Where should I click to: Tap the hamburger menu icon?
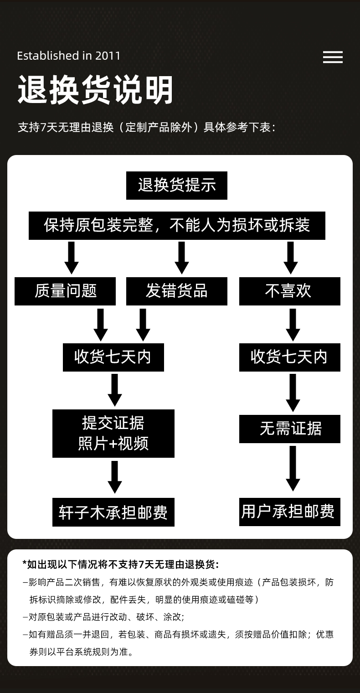pyautogui.click(x=333, y=57)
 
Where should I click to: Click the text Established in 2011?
pyautogui.click(x=69, y=56)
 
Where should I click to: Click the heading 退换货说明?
pyautogui.click(x=96, y=90)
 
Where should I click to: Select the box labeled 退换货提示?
pyautogui.click(x=177, y=186)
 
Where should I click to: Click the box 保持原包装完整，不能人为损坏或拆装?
pyautogui.click(x=177, y=225)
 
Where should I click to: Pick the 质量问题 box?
pyautogui.click(x=65, y=291)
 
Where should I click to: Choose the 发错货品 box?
pyautogui.click(x=177, y=291)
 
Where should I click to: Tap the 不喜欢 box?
pyautogui.click(x=289, y=291)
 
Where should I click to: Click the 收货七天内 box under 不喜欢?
pyautogui.click(x=289, y=357)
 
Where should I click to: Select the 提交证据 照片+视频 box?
pyautogui.click(x=113, y=433)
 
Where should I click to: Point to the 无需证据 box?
pyautogui.click(x=289, y=429)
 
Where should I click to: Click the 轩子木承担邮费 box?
pyautogui.click(x=113, y=512)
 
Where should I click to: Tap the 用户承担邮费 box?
pyautogui.click(x=289, y=512)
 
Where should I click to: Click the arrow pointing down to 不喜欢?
pyautogui.click(x=291, y=258)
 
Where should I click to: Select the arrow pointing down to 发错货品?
pyautogui.click(x=182, y=258)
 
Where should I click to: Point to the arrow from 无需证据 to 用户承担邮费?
pyautogui.click(x=293, y=469)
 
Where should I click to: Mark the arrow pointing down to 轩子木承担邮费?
pyautogui.click(x=115, y=477)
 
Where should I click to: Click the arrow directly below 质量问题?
pyautogui.click(x=101, y=324)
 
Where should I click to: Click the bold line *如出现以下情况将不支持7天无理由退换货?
pyautogui.click(x=121, y=564)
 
